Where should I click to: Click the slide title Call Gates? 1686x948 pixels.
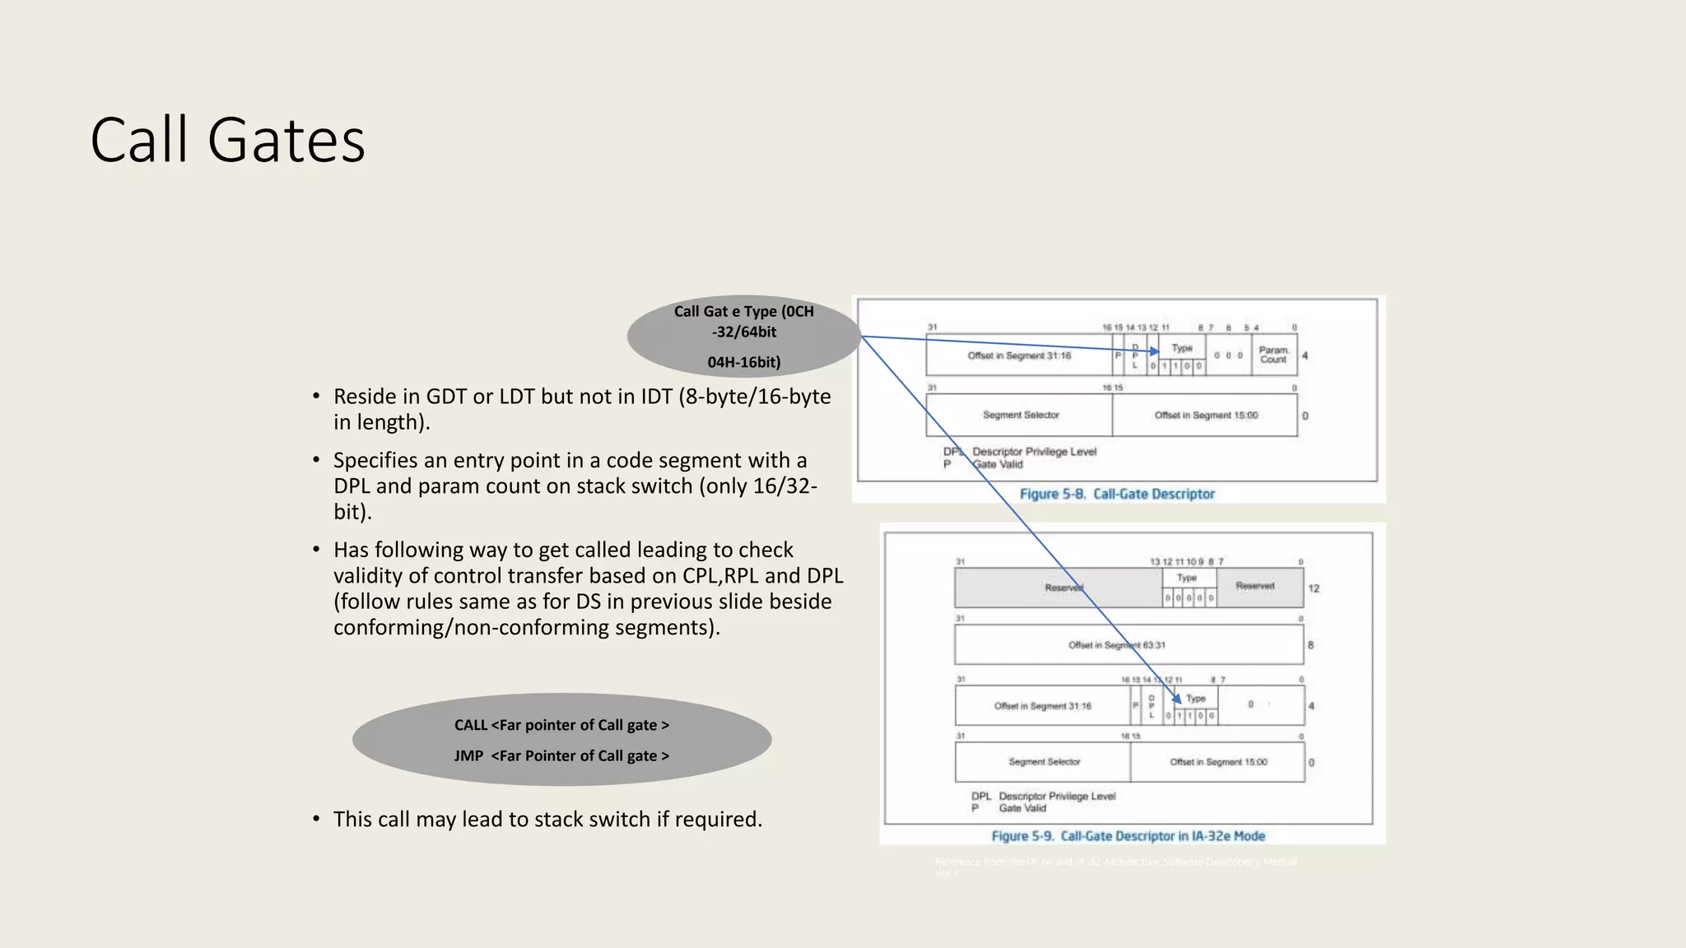tap(227, 140)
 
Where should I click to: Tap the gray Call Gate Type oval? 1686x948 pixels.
tap(743, 336)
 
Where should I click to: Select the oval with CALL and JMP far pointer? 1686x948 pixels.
tap(561, 740)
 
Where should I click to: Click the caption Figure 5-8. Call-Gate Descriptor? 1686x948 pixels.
tap(1117, 494)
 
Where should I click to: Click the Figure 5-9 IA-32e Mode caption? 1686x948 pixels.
tap(1128, 836)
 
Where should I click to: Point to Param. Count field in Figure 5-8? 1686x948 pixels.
tap(1273, 355)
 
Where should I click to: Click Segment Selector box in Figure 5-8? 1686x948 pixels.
tap(1020, 415)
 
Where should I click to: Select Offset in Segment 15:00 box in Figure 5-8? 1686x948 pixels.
tap(1205, 415)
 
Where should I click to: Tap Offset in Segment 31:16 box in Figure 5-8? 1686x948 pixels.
tap(1019, 355)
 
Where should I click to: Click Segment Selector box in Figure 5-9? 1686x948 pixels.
tap(1044, 762)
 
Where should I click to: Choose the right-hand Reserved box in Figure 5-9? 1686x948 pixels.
tap(1255, 586)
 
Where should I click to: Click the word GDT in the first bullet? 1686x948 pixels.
tap(445, 397)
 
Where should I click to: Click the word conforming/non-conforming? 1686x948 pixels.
tap(469, 628)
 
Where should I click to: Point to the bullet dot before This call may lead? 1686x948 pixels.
tap(316, 819)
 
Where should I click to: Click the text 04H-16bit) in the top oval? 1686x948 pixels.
tap(743, 362)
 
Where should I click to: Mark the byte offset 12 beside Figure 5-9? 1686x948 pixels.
tap(1314, 588)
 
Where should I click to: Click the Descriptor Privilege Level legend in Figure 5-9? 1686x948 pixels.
tap(1057, 796)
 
